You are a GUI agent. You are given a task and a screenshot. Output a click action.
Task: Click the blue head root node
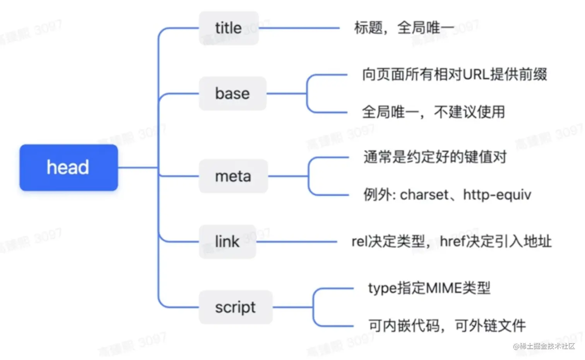point(68,167)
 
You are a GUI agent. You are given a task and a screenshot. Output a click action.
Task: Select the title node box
point(229,28)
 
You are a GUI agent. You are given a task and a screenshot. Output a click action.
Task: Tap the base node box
point(233,94)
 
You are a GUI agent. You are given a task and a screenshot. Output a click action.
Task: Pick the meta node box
point(233,176)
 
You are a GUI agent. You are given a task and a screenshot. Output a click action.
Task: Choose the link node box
point(227,242)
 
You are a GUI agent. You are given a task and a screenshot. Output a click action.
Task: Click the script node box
point(235,307)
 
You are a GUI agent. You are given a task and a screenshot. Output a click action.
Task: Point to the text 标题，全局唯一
point(404,28)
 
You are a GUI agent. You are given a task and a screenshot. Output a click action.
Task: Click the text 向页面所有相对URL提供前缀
point(454,74)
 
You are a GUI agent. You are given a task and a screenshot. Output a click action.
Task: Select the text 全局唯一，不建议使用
point(433,112)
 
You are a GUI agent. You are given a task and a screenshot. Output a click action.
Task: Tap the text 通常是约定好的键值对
point(435,157)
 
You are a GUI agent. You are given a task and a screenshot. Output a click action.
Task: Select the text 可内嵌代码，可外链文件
point(447,326)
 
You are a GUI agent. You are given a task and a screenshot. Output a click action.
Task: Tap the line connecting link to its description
point(296,242)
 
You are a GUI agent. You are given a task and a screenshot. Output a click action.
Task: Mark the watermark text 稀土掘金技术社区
point(547,346)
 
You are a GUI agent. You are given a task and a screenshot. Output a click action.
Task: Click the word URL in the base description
point(476,74)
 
